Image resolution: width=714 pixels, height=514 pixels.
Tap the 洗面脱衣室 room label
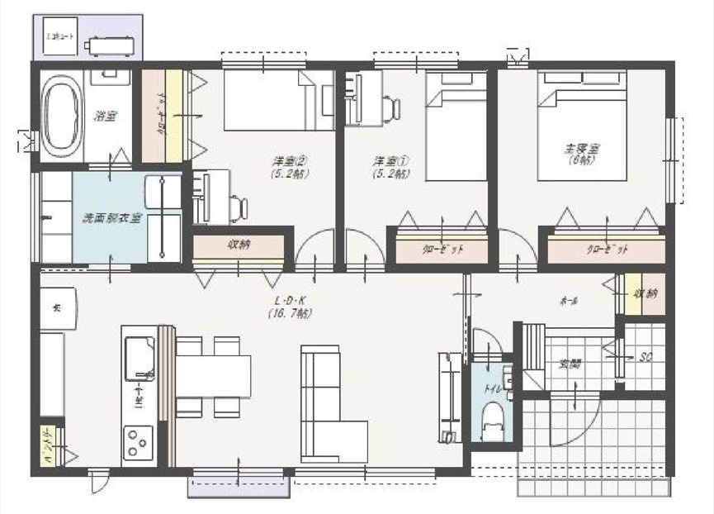point(111,219)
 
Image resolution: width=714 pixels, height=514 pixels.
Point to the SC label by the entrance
point(645,357)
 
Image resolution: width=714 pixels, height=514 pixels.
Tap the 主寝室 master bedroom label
point(581,154)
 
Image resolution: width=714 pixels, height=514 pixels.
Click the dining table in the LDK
point(214,376)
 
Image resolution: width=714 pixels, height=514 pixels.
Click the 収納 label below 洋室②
point(239,245)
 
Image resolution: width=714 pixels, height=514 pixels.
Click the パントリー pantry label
point(48,447)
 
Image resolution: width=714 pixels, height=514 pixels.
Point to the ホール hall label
point(568,300)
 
